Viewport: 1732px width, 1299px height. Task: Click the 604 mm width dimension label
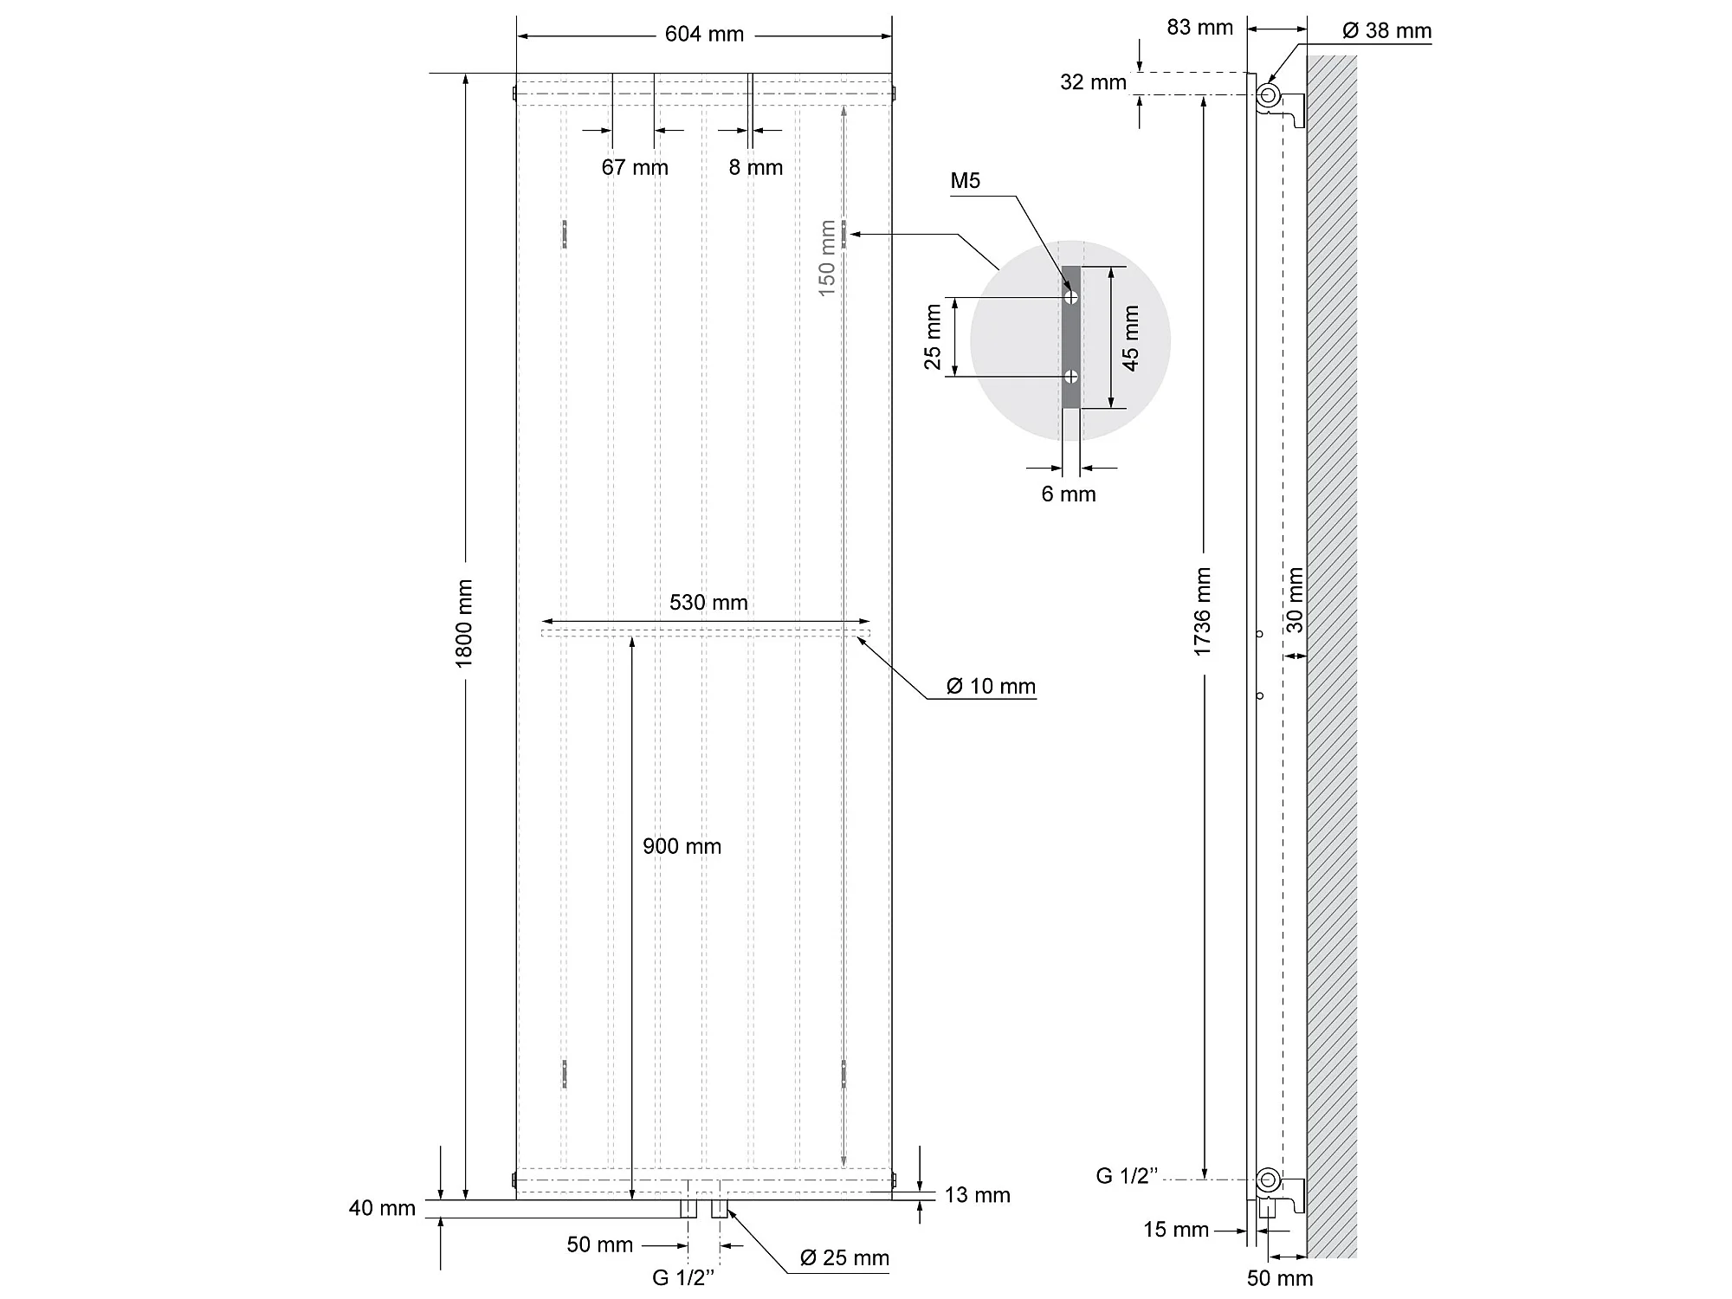[704, 35]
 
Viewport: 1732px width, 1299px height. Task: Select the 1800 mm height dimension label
[464, 624]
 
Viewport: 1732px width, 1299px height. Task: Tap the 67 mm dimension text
[635, 167]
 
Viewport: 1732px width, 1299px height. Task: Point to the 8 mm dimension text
[755, 167]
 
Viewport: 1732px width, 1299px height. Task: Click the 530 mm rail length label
[708, 603]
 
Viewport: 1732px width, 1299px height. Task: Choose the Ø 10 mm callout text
[991, 687]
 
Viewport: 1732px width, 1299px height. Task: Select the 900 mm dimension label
[682, 846]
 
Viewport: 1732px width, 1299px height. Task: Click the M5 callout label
[965, 181]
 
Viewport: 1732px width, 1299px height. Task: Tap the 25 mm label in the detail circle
[933, 337]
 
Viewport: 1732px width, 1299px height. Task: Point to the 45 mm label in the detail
[1130, 338]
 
